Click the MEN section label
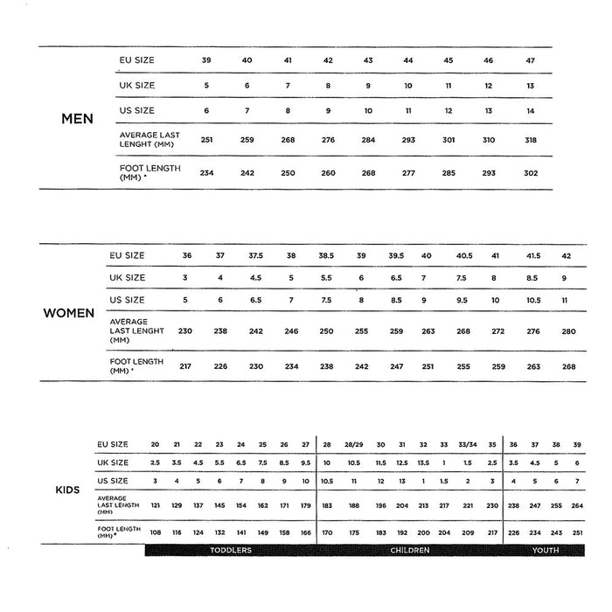coord(77,119)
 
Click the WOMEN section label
coord(69,313)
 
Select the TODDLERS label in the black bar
coord(231,550)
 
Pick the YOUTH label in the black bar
coord(546,550)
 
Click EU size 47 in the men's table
coord(531,60)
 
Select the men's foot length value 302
coord(531,173)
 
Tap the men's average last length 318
coord(531,140)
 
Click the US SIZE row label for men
coord(137,111)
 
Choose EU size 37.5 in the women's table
coord(255,255)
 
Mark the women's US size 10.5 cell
coord(532,300)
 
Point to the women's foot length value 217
coord(185,366)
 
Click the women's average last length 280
coord(569,332)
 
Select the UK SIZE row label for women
coord(128,278)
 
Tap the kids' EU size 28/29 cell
coord(354,445)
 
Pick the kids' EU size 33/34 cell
coord(468,445)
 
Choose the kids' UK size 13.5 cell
coord(423,462)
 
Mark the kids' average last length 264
coord(577,506)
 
